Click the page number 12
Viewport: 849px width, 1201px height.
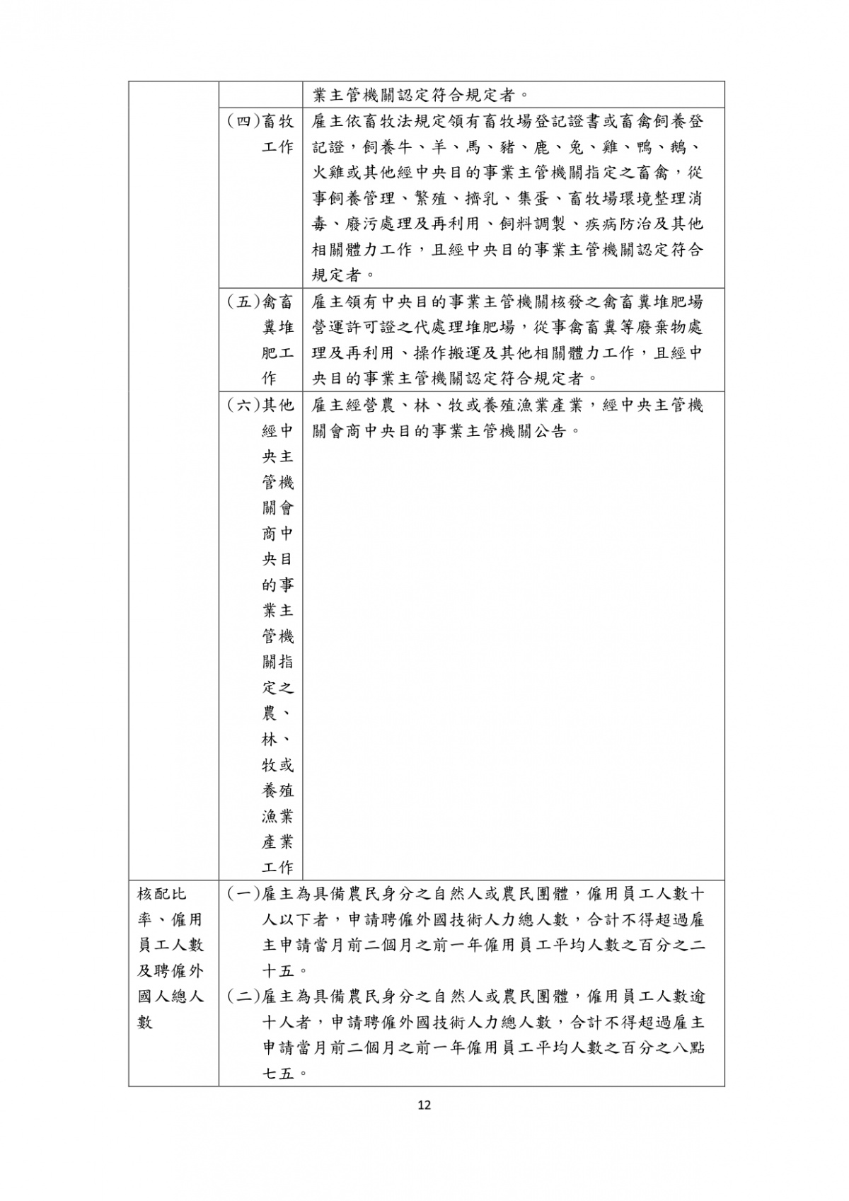click(424, 1105)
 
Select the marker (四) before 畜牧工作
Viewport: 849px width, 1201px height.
click(243, 122)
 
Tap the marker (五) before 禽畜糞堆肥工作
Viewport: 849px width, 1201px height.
click(243, 302)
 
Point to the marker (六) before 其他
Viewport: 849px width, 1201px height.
click(243, 406)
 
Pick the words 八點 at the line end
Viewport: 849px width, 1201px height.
click(687, 1048)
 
